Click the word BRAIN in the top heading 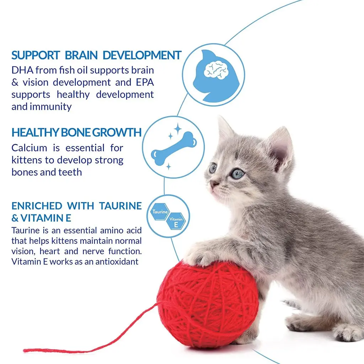[81, 55]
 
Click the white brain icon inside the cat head [216, 69]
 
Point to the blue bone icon [174, 148]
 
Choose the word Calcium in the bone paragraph [29, 148]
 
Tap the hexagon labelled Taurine [160, 212]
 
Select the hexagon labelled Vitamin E [176, 221]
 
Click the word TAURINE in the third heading [120, 206]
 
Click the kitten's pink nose [213, 184]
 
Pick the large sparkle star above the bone [178, 128]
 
